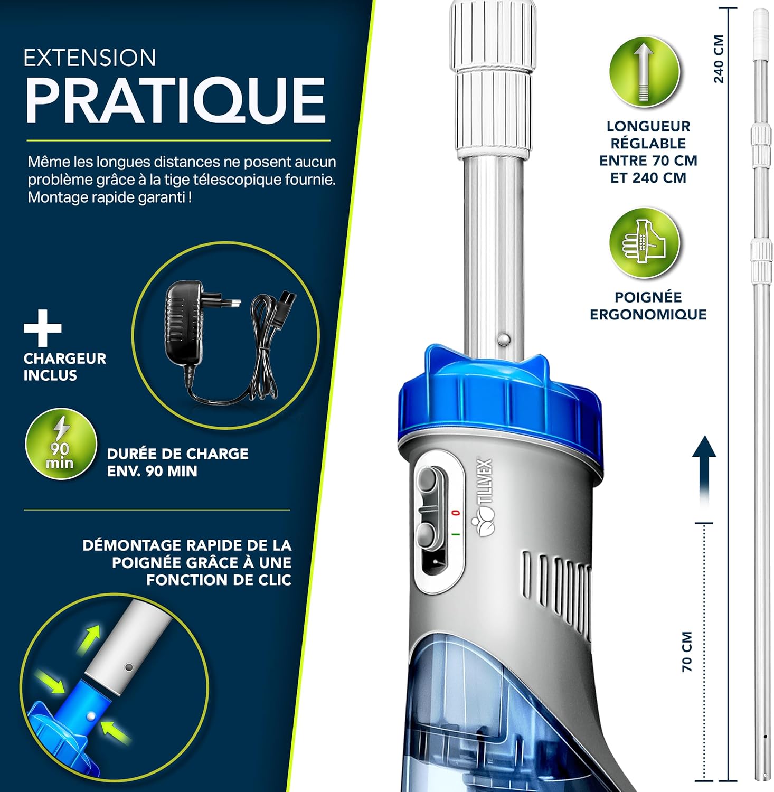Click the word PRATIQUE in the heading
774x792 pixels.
[175, 100]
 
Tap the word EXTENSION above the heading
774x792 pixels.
[90, 58]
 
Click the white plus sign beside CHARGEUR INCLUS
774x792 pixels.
[43, 328]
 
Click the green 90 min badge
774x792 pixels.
[61, 445]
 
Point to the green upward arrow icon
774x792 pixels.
[644, 72]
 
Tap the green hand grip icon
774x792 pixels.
[644, 243]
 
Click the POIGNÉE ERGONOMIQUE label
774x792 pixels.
[648, 306]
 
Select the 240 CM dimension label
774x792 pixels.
[719, 59]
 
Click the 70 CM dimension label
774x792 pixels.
[687, 652]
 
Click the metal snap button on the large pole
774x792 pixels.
[504, 338]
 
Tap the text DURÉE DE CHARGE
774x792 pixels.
[178, 454]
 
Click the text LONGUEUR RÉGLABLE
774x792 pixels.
[648, 135]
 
